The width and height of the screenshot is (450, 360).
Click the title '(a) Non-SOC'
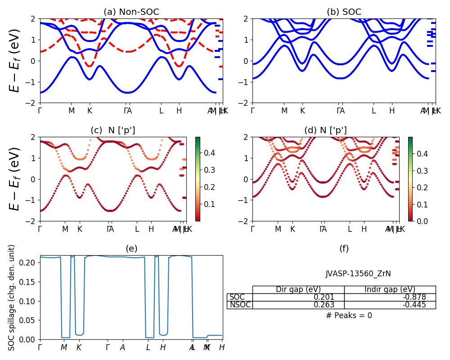pos(131,12)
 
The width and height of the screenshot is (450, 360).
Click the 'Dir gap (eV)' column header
pos(298,290)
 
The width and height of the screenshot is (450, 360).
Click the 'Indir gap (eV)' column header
pos(390,290)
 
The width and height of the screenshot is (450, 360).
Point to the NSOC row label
pos(239,305)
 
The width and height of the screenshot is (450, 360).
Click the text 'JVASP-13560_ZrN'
pos(349,274)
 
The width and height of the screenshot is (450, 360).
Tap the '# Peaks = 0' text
pos(349,315)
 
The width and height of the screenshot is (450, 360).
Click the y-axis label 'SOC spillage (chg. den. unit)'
pos(12,297)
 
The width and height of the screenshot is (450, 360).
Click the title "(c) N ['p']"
pos(113,130)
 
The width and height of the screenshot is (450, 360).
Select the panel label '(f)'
pos(344,249)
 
